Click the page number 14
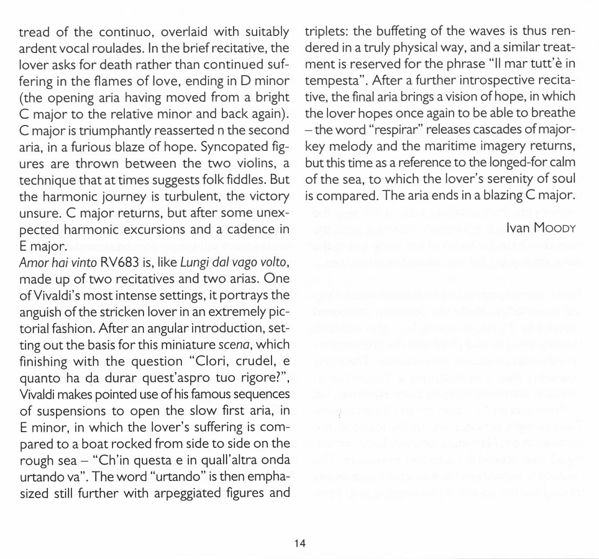click(299, 543)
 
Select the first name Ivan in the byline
click(518, 229)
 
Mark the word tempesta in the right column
click(329, 80)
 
